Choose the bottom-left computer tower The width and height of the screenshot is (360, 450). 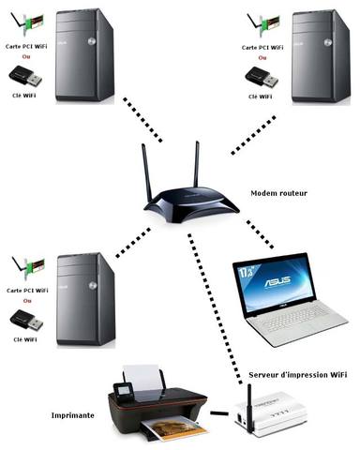click(x=86, y=298)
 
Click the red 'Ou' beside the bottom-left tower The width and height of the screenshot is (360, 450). click(x=26, y=302)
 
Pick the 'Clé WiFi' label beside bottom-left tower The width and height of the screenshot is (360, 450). click(x=26, y=339)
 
